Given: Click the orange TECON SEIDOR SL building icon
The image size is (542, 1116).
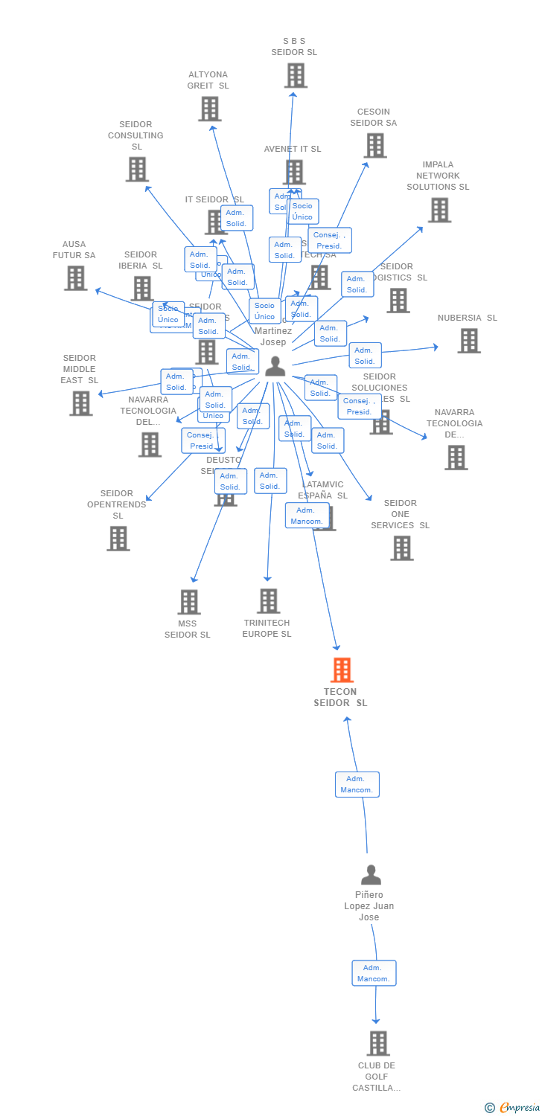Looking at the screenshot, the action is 342,670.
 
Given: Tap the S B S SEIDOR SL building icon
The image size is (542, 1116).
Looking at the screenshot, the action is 296,75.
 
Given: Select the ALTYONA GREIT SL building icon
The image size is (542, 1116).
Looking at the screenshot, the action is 210,109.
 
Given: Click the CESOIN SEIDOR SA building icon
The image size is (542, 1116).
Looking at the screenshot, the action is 375,146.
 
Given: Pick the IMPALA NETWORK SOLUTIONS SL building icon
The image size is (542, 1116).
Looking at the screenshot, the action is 439,210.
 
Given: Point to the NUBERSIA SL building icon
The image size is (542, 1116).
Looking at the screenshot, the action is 469,341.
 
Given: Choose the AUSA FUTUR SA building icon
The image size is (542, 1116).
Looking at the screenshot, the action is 76,278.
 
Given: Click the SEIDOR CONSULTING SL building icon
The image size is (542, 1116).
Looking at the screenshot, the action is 137,170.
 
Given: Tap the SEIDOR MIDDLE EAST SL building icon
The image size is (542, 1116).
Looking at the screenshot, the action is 81,403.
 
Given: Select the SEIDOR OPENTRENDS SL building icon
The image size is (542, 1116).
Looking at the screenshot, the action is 118,539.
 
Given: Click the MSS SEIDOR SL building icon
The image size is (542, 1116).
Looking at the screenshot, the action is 189,602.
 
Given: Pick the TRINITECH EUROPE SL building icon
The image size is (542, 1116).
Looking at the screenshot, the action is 268,601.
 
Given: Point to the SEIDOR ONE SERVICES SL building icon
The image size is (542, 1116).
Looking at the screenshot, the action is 402,548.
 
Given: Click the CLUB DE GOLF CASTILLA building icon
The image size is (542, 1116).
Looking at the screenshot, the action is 378,1043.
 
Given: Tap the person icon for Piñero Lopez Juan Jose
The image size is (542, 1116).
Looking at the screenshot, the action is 371,874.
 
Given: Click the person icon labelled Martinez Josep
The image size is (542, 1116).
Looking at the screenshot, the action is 275,366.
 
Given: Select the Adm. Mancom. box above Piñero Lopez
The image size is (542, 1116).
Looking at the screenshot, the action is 357,784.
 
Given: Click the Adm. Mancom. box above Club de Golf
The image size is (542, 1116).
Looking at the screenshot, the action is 374,973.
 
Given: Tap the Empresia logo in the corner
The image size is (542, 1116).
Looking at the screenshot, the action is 513,1108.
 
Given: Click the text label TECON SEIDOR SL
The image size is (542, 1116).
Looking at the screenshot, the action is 340,697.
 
